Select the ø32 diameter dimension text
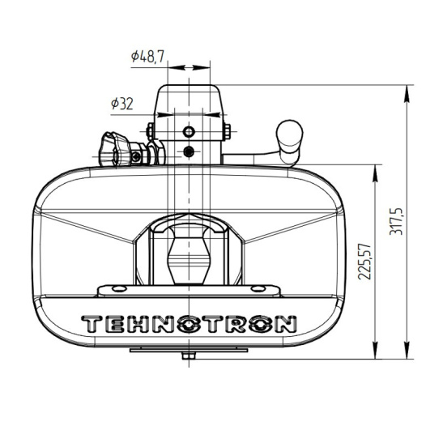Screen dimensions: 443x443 [x=121, y=103]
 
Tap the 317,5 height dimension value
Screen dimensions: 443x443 [x=419, y=221]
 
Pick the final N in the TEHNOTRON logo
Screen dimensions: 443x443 [x=282, y=324]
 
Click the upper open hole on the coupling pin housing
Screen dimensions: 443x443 [x=189, y=131]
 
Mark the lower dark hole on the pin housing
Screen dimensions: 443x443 [x=189, y=151]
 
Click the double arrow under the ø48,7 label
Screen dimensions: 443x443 [x=188, y=68]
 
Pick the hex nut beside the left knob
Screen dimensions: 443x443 [x=139, y=153]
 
